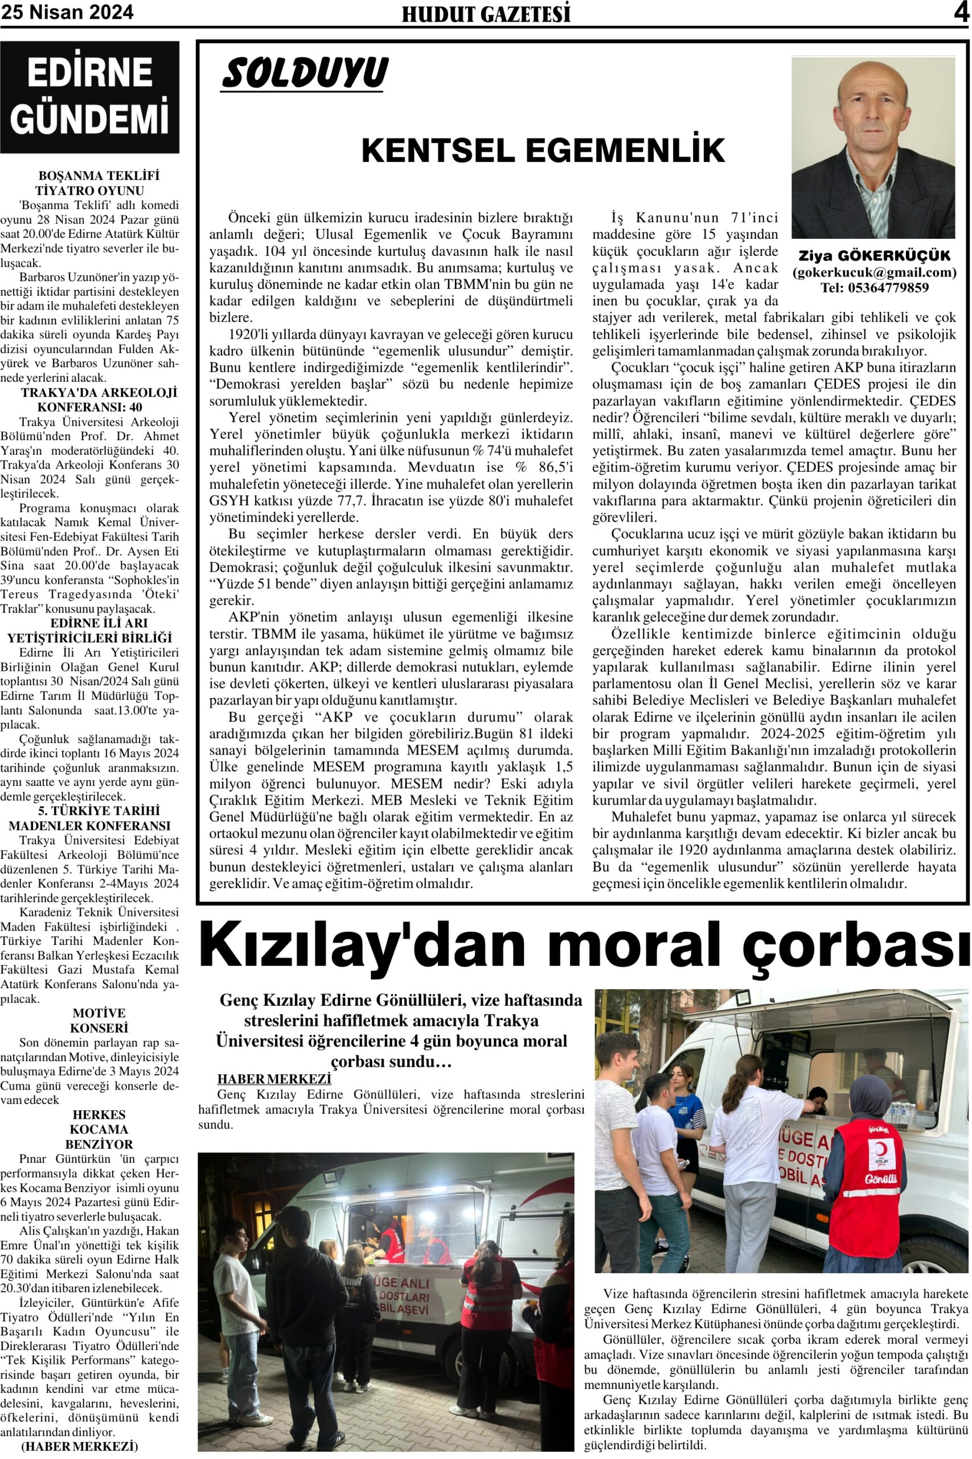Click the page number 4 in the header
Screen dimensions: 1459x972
[961, 13]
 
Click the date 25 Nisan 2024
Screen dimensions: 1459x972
[67, 13]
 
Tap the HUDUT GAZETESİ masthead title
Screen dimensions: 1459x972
[486, 14]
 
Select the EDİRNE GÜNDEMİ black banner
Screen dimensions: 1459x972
[89, 97]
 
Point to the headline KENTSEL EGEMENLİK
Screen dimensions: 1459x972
[543, 150]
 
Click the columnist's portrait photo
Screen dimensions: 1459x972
[873, 148]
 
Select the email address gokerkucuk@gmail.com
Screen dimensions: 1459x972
[874, 272]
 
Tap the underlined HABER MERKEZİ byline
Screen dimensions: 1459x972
[274, 1079]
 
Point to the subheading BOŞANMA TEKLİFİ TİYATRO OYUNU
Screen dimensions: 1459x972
[90, 183]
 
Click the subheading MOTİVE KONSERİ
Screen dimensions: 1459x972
[99, 1020]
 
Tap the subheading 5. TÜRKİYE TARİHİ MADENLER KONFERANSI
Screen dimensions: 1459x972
[90, 818]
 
